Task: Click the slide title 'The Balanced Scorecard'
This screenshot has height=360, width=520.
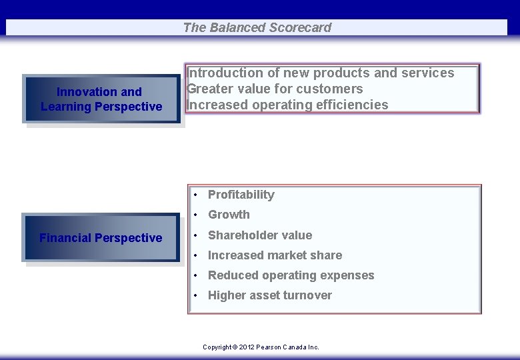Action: click(257, 27)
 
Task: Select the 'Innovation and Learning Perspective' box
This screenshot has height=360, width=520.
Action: click(101, 99)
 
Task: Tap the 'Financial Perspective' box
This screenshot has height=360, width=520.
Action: click(101, 238)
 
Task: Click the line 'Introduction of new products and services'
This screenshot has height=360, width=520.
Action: click(321, 73)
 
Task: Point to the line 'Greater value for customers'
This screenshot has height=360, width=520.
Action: click(275, 89)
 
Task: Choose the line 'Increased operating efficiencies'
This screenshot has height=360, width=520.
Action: click(287, 105)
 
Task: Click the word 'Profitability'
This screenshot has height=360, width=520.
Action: click(241, 195)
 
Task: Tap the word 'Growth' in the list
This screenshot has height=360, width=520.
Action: click(229, 215)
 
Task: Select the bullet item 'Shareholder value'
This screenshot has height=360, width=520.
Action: click(259, 235)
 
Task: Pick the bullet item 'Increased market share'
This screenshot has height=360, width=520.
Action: click(275, 255)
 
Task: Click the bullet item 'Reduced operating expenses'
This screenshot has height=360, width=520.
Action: click(291, 275)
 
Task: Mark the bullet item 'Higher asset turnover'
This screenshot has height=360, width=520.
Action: click(269, 295)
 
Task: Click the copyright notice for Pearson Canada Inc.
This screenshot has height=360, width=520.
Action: click(261, 347)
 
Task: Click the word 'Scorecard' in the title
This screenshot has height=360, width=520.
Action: click(300, 27)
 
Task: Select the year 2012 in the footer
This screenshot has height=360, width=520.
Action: click(247, 347)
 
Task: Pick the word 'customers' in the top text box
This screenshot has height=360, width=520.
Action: click(329, 89)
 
